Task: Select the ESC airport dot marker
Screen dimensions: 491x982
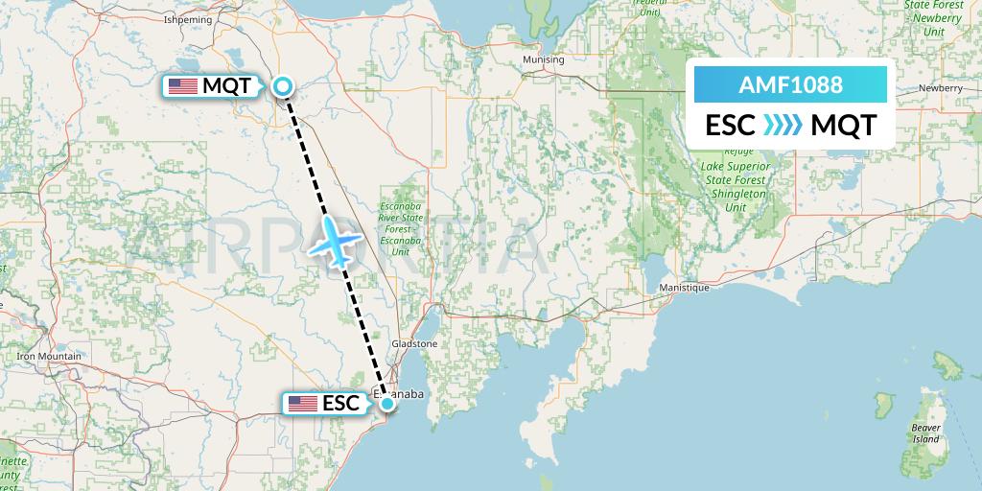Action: click(x=386, y=404)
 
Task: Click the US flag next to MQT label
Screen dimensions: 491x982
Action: click(x=182, y=86)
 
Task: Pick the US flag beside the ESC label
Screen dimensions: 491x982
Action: click(x=303, y=404)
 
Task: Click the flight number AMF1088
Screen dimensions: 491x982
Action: click(x=790, y=84)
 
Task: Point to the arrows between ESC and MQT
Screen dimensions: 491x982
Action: click(x=782, y=126)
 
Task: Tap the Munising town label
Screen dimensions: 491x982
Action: click(x=544, y=59)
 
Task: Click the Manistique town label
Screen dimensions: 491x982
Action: click(x=684, y=288)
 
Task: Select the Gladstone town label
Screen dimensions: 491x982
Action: click(x=414, y=343)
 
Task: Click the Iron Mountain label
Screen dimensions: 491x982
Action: click(x=49, y=357)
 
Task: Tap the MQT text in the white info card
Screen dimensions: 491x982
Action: click(x=843, y=126)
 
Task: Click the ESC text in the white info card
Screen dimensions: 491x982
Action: click(x=730, y=126)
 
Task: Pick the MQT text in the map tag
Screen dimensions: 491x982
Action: click(x=227, y=86)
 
